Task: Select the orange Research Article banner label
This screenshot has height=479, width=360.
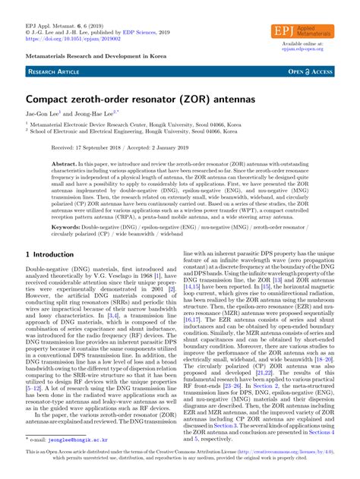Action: (x=52, y=71)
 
